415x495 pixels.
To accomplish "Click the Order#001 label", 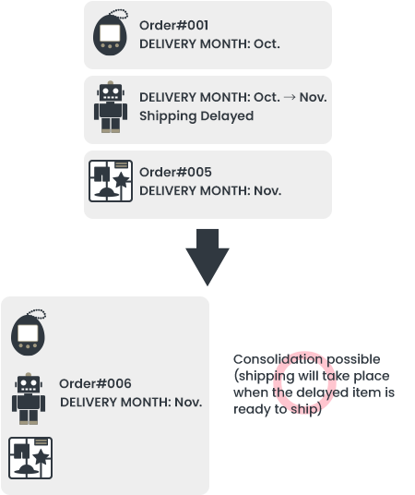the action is [x=173, y=26].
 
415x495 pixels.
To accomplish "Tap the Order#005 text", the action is [x=175, y=173].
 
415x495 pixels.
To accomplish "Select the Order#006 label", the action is [x=95, y=383].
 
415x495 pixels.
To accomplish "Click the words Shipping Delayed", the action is [x=196, y=116].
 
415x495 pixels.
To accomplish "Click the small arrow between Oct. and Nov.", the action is [x=290, y=97].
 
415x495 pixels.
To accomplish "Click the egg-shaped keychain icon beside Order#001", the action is [x=111, y=33].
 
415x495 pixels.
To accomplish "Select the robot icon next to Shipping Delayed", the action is [x=111, y=107].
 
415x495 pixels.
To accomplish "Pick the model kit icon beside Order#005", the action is [x=111, y=181].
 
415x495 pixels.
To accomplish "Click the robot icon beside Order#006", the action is [x=29, y=398].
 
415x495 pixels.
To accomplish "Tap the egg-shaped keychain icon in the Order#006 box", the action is [x=29, y=332].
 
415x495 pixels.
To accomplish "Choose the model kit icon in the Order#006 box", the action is [x=30, y=458].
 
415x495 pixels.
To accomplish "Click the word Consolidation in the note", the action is [x=278, y=359].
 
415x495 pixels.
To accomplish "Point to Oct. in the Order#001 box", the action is [x=267, y=44].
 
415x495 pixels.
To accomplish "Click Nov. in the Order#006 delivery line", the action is [x=188, y=403].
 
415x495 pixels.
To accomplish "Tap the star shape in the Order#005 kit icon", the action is [x=122, y=181].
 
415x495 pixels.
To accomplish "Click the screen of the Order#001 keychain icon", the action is [x=110, y=33].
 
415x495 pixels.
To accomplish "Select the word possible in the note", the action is [x=353, y=360].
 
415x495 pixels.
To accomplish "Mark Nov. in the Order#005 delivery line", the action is [x=267, y=191].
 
